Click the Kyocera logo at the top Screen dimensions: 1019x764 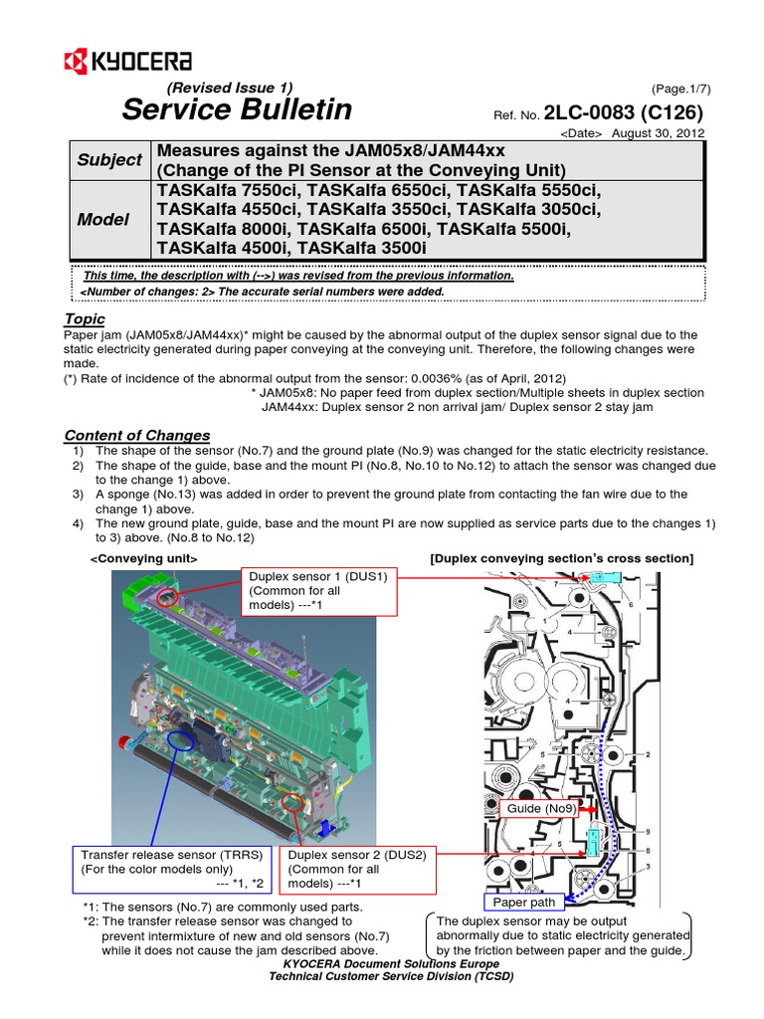[x=126, y=63]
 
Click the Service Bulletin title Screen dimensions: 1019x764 [x=237, y=110]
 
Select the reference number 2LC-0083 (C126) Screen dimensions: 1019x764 [x=625, y=112]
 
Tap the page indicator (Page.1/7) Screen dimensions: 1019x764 [x=681, y=88]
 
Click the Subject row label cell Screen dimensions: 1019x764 [x=109, y=159]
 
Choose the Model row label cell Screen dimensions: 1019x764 [x=104, y=219]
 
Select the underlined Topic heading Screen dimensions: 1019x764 [x=85, y=318]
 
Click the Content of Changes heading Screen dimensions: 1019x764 [x=136, y=435]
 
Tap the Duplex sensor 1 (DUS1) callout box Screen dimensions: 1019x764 [x=319, y=591]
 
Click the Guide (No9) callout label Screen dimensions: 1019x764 [x=538, y=808]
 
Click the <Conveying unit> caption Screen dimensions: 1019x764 [x=144, y=559]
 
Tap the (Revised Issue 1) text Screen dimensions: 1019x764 [x=230, y=87]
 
